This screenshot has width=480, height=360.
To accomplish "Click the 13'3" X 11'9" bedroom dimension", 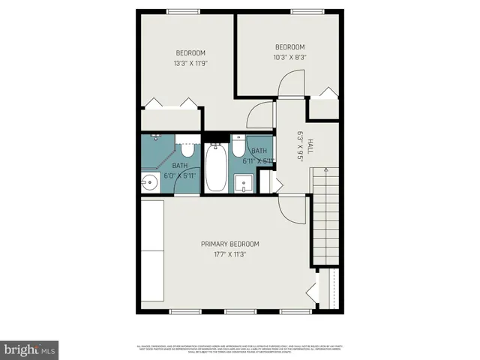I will click(x=190, y=64).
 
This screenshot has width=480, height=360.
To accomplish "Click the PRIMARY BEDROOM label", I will click(x=229, y=244).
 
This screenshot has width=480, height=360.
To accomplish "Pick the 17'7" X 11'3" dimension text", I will click(x=229, y=254).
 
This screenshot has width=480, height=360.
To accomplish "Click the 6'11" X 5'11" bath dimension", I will click(x=257, y=160).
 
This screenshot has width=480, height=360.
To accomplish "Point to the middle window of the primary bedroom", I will click(x=239, y=311).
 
